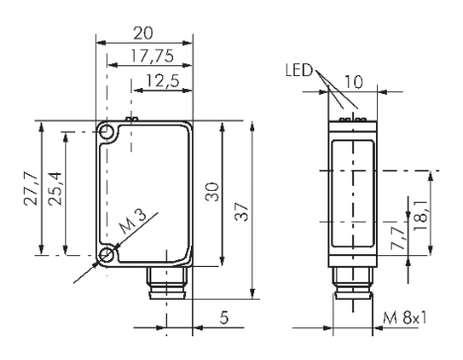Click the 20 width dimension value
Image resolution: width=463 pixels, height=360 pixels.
click(x=142, y=33)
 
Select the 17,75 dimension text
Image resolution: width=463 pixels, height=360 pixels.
click(x=152, y=55)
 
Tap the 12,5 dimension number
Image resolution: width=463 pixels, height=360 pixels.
click(x=162, y=80)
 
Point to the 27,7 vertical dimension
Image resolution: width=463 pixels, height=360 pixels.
click(x=31, y=189)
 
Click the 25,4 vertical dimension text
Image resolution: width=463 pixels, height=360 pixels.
click(x=54, y=189)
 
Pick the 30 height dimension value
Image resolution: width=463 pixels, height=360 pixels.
click(x=212, y=192)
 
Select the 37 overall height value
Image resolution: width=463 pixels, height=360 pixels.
click(x=241, y=212)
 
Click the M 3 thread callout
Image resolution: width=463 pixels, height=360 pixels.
click(x=132, y=222)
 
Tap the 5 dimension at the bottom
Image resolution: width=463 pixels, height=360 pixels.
click(x=224, y=317)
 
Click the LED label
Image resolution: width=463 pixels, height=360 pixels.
click(x=299, y=70)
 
